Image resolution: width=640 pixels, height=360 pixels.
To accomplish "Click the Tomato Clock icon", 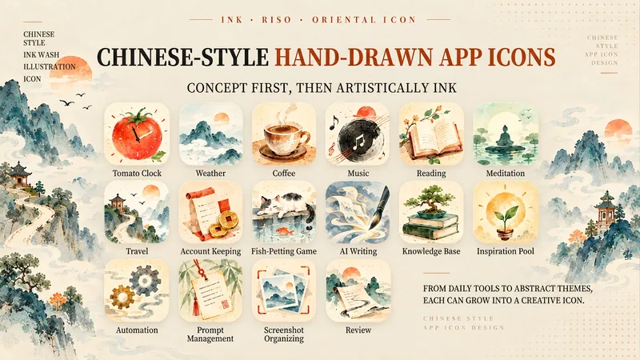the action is pos(137,134).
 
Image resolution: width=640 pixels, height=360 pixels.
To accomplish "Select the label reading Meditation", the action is pos(506,173).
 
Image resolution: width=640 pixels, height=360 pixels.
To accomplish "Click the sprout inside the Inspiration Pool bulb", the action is pos(506,215).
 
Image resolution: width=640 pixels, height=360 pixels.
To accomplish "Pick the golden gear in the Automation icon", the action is pos(122,297).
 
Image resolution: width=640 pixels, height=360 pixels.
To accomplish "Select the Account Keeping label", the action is pos(210,251).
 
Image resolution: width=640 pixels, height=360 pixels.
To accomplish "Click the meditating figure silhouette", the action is pos(506,137).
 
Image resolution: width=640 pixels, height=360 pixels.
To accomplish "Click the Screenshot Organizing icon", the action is pos(284,290).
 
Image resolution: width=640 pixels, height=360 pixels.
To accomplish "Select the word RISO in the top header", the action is pos(277,19).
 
